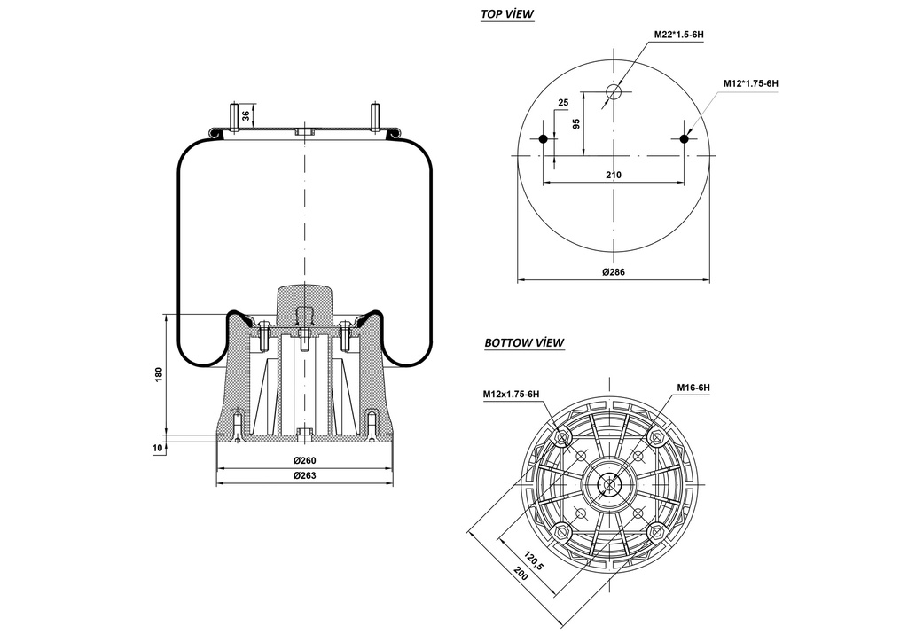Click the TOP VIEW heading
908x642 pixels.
tap(506, 14)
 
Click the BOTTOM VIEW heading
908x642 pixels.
tap(524, 342)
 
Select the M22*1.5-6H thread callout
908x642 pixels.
tap(678, 34)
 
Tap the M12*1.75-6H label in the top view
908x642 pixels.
tap(750, 83)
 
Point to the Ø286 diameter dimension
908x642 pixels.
tap(614, 272)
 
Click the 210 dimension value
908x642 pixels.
tap(614, 175)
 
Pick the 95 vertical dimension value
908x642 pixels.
tap(576, 123)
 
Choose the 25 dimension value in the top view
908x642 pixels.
tap(562, 103)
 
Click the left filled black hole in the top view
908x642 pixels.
tap(544, 138)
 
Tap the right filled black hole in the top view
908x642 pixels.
tap(684, 138)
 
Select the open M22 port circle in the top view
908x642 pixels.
tap(614, 91)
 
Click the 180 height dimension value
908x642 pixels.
tap(159, 375)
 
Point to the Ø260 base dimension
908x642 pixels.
tap(305, 460)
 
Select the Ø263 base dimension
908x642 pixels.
tap(305, 476)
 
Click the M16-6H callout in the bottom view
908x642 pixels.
tap(693, 388)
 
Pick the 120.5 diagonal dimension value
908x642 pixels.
tap(532, 560)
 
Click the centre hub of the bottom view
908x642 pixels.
tap(609, 483)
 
